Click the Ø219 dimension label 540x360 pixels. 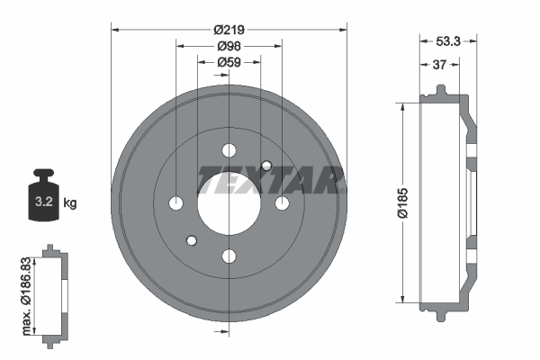229,29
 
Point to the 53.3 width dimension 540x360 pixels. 448,40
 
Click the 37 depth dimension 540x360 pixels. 439,64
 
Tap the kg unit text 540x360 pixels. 70,203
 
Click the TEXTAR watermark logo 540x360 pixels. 270,180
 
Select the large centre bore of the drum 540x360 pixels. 229,202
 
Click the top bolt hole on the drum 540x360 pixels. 229,149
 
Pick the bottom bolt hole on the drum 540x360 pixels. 229,256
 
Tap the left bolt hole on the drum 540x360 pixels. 175,202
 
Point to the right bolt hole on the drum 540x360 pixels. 282,202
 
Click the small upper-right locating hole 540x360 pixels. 266,165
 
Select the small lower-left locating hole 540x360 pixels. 191,240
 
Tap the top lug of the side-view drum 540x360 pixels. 439,90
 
